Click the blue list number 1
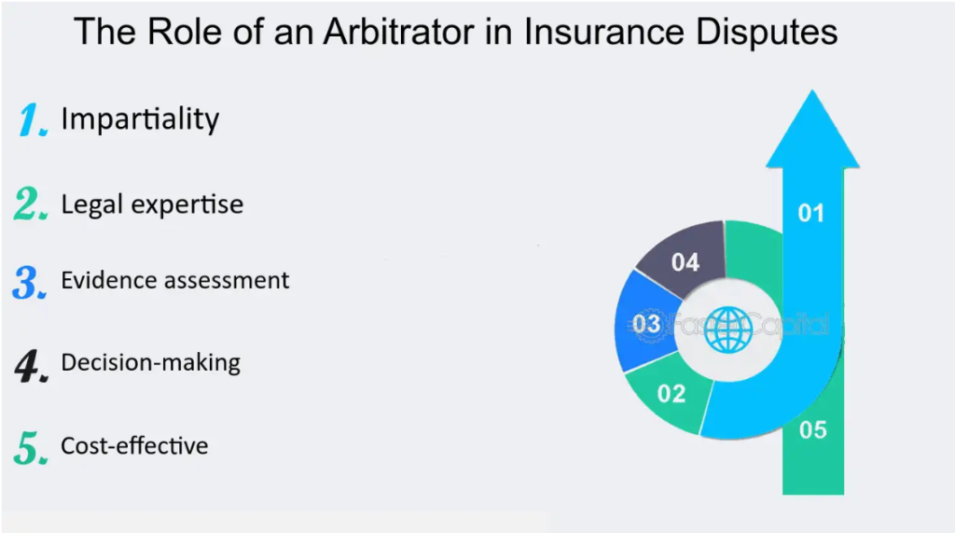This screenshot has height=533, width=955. (33, 121)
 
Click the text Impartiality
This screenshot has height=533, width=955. (140, 119)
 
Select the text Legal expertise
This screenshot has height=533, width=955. (152, 204)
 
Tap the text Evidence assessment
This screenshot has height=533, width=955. (175, 280)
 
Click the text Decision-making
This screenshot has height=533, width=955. (151, 362)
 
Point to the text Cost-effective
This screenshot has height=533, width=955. (134, 446)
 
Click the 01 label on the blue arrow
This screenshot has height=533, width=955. (811, 214)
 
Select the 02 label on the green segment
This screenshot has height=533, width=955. (671, 394)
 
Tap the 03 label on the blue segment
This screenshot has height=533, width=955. (646, 324)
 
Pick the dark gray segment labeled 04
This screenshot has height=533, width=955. (685, 262)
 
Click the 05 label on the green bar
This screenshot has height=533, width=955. (813, 430)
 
